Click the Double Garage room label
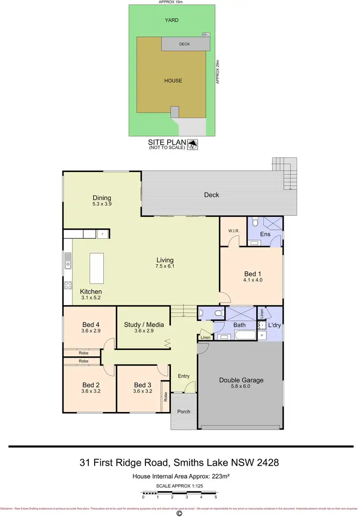(241, 380)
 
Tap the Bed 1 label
(253, 274)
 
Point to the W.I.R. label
(233, 229)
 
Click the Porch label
(184, 411)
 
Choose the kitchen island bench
(96, 269)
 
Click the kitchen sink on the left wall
(68, 263)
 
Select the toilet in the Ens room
(255, 223)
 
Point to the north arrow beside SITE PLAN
(193, 144)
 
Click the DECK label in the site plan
(185, 44)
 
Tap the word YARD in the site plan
(171, 20)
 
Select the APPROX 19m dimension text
(171, 2)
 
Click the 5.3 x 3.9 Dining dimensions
(102, 204)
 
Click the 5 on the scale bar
(216, 497)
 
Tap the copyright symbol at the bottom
(180, 513)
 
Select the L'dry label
(275, 325)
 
